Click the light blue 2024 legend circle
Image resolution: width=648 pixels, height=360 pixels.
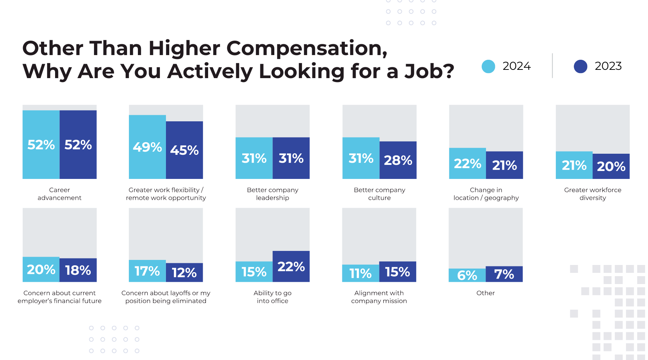coord(488,67)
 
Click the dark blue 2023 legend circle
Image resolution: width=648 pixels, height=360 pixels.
coord(580,67)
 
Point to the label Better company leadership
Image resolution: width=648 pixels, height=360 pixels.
coord(273,194)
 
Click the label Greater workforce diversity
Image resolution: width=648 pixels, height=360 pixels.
coord(593,194)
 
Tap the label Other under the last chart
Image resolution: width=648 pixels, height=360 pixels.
coord(485,293)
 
